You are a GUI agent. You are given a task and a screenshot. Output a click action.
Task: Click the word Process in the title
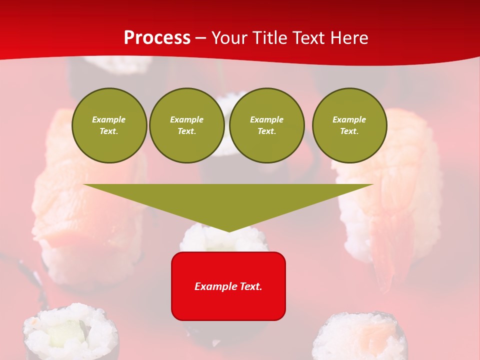(157, 38)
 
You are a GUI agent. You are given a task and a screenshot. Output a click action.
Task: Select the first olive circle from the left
(109, 125)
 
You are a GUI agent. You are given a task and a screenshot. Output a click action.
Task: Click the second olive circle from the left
(186, 125)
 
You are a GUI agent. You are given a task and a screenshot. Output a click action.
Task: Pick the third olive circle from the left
(266, 125)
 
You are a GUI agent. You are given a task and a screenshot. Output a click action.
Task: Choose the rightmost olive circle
(349, 125)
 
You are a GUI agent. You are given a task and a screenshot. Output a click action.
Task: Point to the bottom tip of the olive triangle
(229, 230)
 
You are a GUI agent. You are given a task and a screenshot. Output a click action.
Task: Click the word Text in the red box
(250, 286)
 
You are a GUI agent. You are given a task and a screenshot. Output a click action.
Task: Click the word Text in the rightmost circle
(349, 131)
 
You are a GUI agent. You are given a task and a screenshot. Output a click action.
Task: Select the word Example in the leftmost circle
(109, 119)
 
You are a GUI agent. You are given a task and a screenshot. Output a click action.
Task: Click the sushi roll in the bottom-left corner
(70, 332)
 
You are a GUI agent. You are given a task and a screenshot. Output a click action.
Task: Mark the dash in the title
(201, 38)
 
